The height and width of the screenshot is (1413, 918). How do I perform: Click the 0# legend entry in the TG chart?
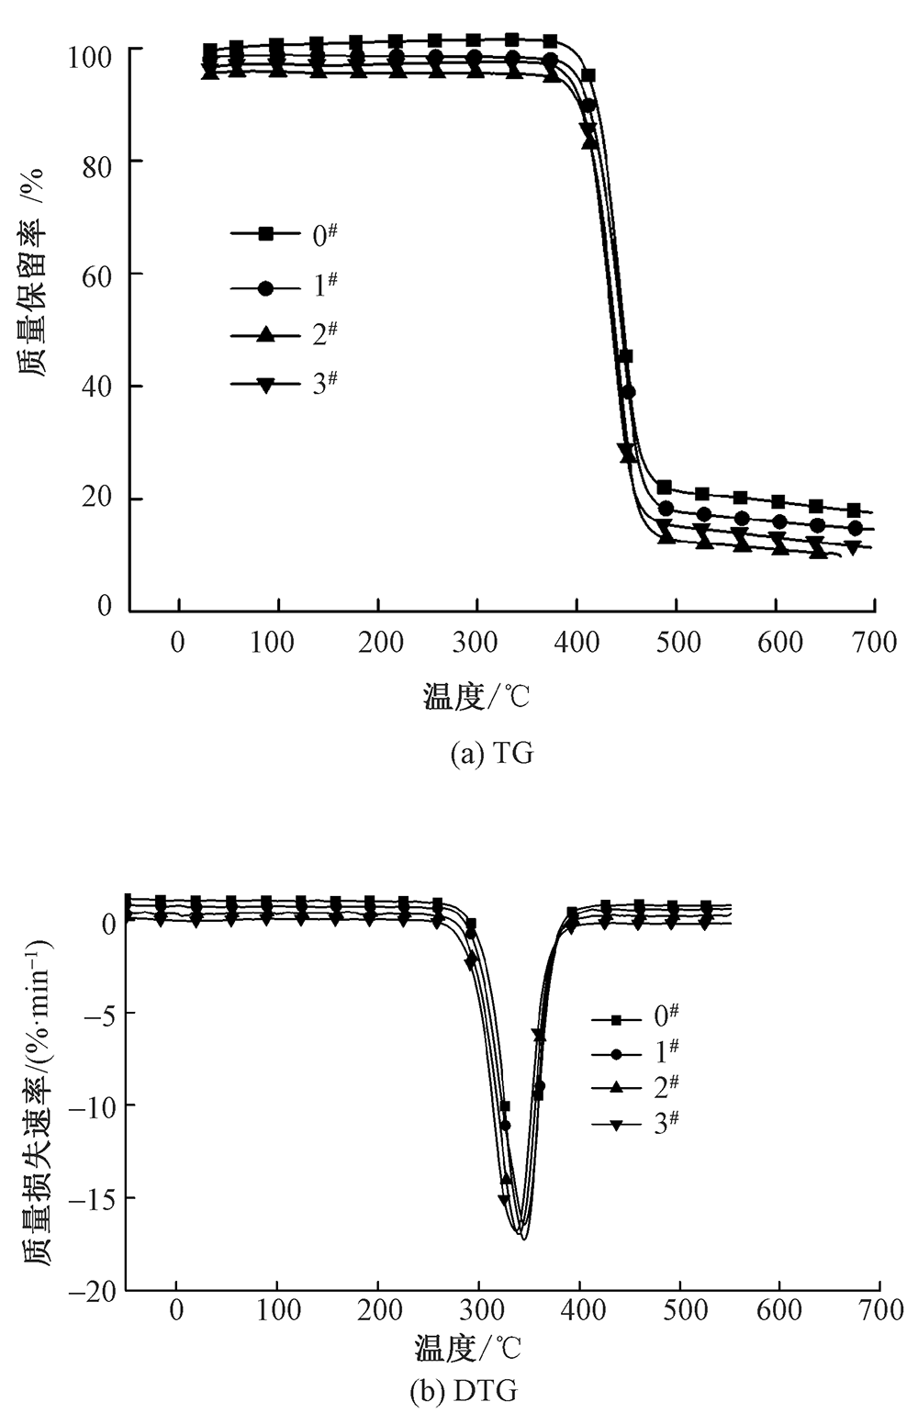tap(285, 235)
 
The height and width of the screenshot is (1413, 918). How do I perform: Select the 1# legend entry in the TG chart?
tap(285, 287)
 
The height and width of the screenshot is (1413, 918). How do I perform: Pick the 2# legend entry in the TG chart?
tap(285, 335)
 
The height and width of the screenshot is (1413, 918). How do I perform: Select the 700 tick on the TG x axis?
tap(874, 642)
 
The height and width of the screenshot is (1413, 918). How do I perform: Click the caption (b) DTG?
tap(463, 1392)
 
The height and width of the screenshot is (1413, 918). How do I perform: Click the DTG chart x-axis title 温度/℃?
tap(467, 1349)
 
